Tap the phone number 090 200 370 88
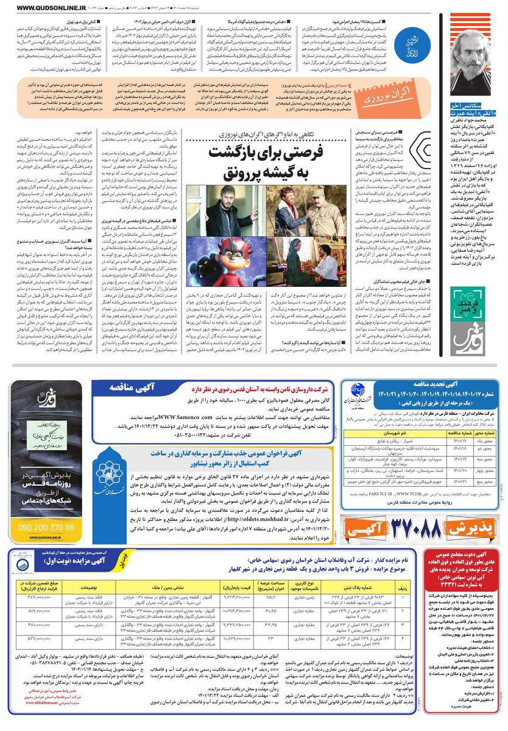tap(46, 527)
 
